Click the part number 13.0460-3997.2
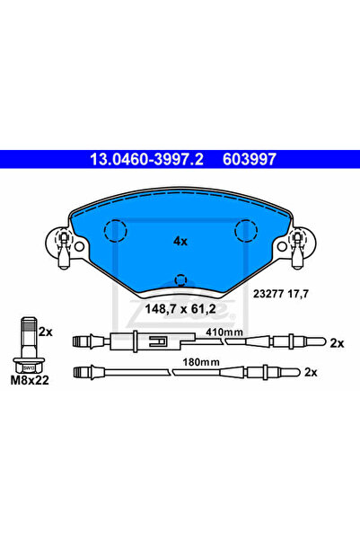click(146, 159)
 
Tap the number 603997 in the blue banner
click(250, 159)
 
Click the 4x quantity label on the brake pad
click(180, 242)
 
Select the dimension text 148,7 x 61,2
click(180, 309)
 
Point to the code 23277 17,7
click(281, 294)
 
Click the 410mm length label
click(224, 332)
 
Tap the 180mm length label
click(201, 362)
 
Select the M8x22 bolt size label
click(30, 380)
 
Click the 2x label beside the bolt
click(46, 332)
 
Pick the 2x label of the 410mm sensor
click(337, 343)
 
